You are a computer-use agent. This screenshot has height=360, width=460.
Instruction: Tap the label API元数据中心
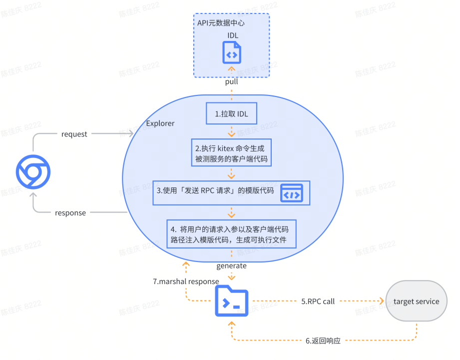tap(221, 22)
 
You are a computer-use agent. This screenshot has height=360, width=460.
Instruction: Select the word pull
tap(231, 81)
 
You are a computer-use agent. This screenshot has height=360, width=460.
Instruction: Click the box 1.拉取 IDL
tap(231, 114)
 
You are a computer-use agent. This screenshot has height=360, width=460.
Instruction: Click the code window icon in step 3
tap(291, 193)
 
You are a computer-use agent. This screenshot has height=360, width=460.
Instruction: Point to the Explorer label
tap(160, 123)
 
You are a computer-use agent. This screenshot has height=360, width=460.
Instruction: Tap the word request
tap(74, 134)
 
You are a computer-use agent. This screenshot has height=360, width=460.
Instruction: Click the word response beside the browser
tap(70, 213)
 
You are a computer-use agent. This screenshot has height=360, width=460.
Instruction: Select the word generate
tap(231, 265)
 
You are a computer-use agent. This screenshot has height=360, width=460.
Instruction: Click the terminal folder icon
tap(231, 301)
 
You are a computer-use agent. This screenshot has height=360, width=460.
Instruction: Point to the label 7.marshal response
tap(186, 281)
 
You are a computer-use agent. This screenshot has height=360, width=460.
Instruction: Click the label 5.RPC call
tap(317, 301)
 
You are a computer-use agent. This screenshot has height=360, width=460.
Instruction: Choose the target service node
tap(416, 301)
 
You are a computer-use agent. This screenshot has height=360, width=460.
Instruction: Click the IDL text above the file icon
tap(233, 35)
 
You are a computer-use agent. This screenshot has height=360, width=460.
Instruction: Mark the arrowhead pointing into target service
tap(382, 301)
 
